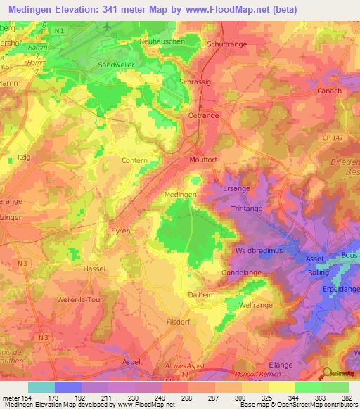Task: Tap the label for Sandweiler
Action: pyautogui.click(x=115, y=62)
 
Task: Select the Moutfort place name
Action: pyautogui.click(x=206, y=160)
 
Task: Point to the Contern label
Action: pyautogui.click(x=135, y=161)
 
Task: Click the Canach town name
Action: pyautogui.click(x=330, y=91)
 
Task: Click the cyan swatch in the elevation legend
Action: pyautogui.click(x=41, y=387)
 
